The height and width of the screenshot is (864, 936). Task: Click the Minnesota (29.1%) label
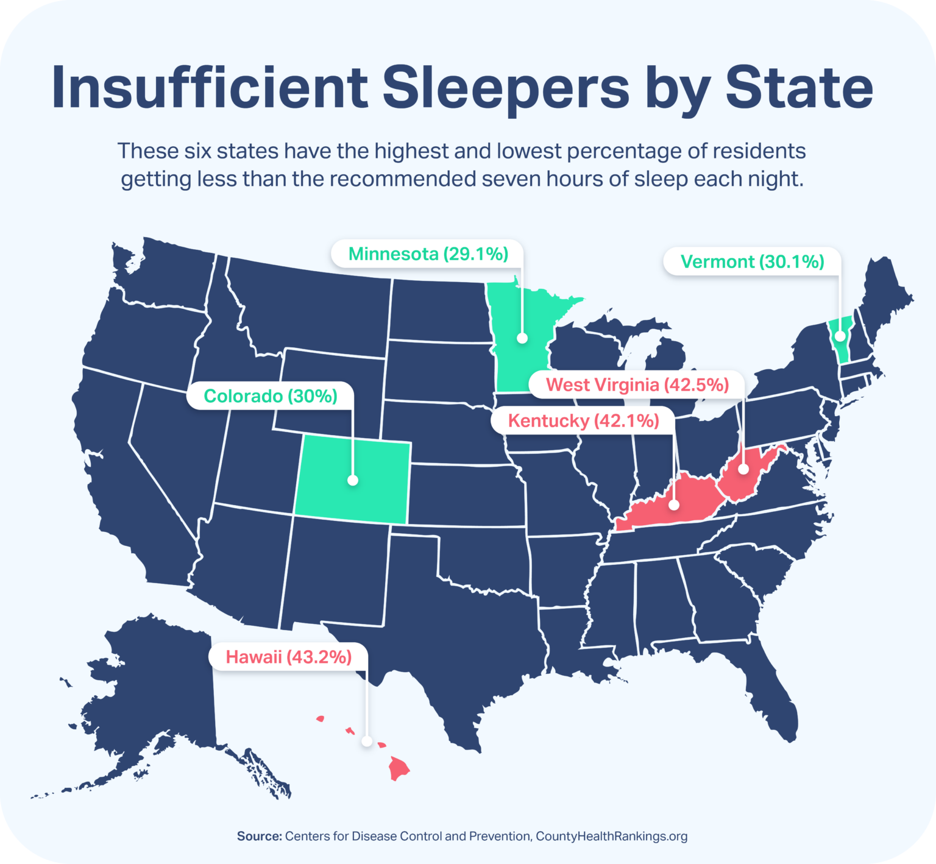click(x=428, y=254)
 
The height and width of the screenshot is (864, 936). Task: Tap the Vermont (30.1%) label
click(x=752, y=262)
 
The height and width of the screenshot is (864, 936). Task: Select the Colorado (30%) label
click(x=270, y=396)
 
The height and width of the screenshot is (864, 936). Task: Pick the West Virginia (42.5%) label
click(x=637, y=385)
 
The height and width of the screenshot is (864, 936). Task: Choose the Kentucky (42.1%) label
click(x=583, y=421)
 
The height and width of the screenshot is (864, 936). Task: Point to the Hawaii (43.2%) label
click(x=288, y=657)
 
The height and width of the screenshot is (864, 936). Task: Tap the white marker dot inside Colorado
click(x=352, y=480)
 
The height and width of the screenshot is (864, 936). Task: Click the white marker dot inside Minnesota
click(x=522, y=338)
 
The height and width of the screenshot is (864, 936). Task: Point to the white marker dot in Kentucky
click(x=674, y=505)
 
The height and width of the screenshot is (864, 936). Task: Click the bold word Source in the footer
click(x=258, y=836)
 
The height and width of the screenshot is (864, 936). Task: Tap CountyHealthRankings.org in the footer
click(x=611, y=836)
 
